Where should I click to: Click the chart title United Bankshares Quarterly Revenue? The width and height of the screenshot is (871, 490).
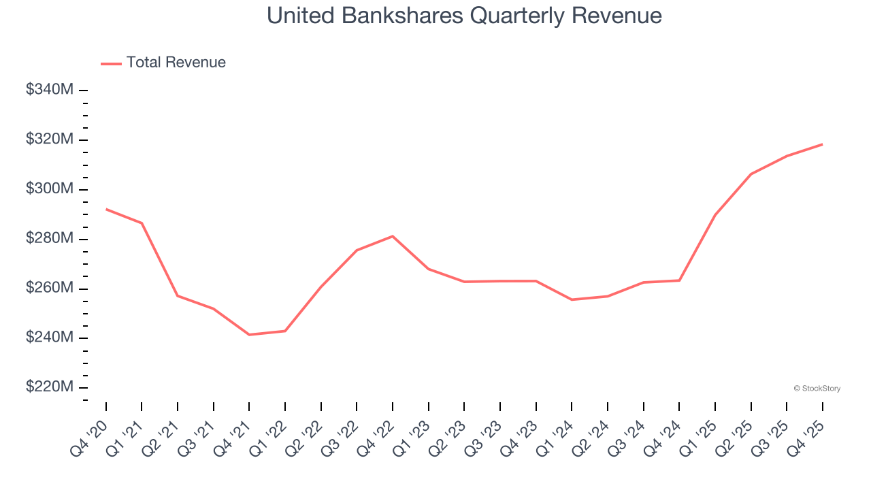(x=464, y=16)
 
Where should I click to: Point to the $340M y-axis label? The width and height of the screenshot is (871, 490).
(x=50, y=89)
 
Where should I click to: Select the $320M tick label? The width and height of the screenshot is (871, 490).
(x=50, y=139)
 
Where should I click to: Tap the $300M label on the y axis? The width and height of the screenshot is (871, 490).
(x=50, y=189)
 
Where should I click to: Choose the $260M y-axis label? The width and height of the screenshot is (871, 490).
(x=50, y=288)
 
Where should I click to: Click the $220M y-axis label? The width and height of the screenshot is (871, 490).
(x=50, y=387)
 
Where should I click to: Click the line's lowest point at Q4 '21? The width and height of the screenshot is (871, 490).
(x=249, y=334)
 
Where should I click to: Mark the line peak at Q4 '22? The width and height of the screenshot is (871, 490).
(x=393, y=236)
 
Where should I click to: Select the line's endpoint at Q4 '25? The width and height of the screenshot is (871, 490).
(x=822, y=144)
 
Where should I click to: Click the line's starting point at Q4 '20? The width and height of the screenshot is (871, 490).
(x=106, y=209)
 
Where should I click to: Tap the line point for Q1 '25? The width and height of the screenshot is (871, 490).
(x=715, y=215)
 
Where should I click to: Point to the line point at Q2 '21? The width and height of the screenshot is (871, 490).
(x=178, y=295)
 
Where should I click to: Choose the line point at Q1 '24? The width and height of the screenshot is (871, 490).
(x=572, y=299)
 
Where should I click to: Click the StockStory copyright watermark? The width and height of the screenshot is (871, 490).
(x=817, y=389)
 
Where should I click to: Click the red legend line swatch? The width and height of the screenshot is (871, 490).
(x=111, y=63)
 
